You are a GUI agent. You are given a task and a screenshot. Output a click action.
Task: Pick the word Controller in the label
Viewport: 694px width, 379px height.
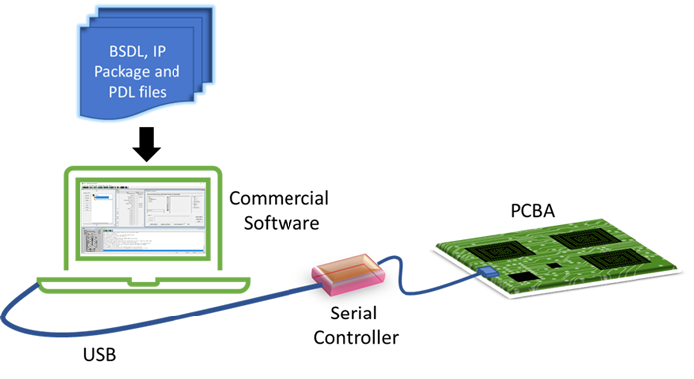356,338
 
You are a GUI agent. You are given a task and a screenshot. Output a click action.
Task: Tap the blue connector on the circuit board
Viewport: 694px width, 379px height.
487,271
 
